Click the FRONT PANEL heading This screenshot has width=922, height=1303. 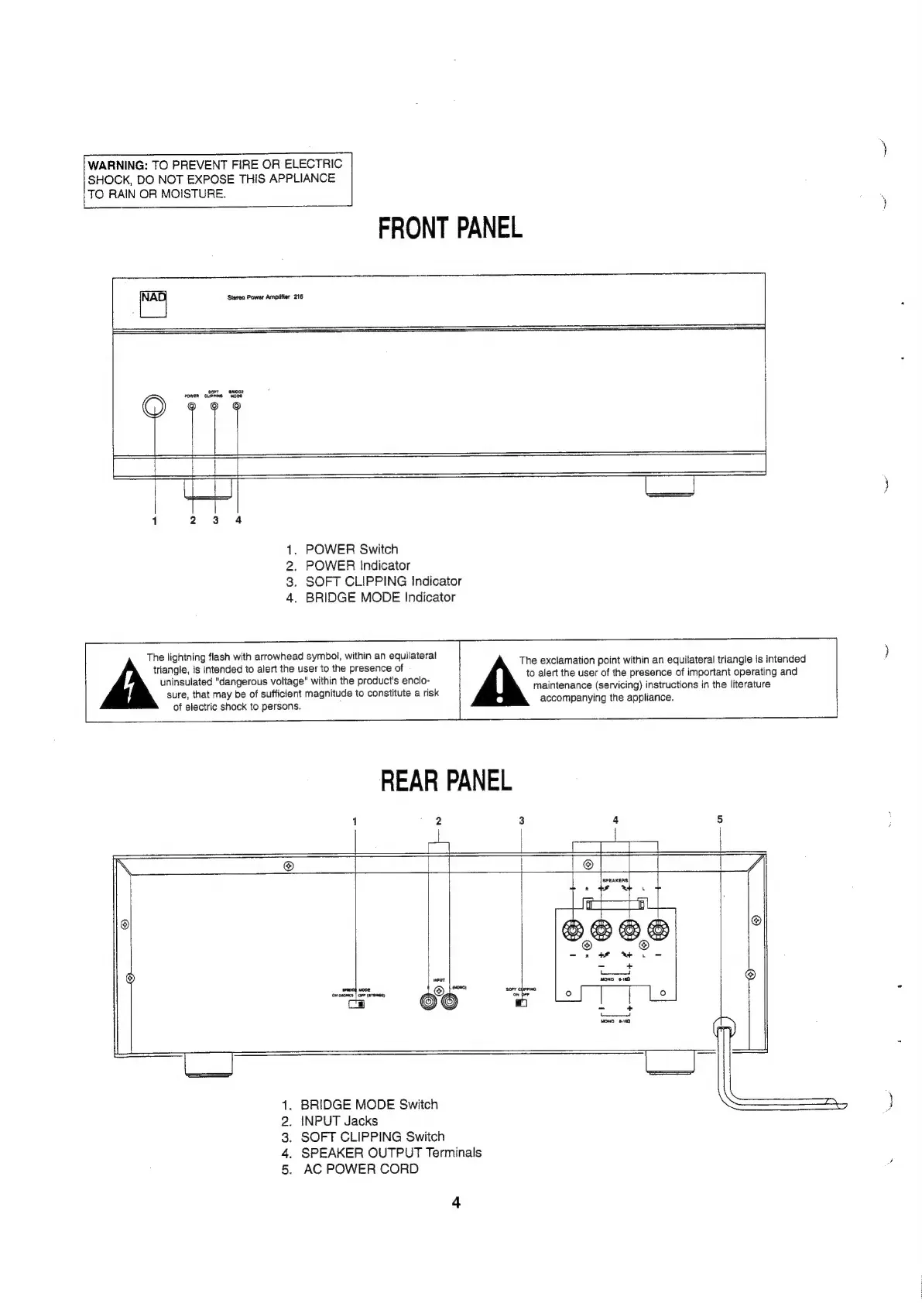coord(450,228)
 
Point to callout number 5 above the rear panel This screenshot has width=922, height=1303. coord(720,819)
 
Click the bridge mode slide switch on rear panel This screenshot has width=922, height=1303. coord(357,1005)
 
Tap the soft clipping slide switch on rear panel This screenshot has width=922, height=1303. coord(521,1004)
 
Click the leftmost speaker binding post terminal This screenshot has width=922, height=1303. coord(572,930)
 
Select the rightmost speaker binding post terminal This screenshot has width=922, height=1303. coord(659,930)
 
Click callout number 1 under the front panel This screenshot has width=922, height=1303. coord(154,520)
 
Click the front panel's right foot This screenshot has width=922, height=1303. coord(670,486)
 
